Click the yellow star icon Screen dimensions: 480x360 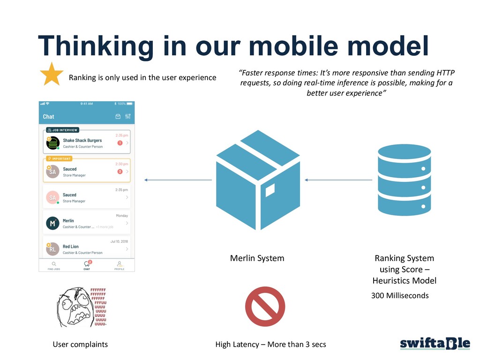[x=52, y=75]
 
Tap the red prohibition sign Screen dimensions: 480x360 [x=265, y=307]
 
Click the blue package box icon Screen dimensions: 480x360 [x=258, y=180]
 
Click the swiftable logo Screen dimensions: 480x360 [x=435, y=344]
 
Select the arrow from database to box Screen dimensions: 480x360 [x=338, y=180]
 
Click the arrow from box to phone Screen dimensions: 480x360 [x=178, y=180]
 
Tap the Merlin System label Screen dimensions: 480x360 [x=257, y=258]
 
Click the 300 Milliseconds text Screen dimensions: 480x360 [x=400, y=296]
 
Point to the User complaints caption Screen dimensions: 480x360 [x=80, y=345]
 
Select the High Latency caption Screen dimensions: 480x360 [x=270, y=345]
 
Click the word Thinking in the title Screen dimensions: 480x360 [x=96, y=46]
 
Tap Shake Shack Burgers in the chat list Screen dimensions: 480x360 [x=82, y=140]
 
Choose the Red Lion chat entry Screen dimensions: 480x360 [x=71, y=247]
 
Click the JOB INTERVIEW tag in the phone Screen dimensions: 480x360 [x=62, y=130]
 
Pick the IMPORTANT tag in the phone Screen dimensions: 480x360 [x=60, y=158]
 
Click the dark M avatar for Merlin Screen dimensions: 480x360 [x=52, y=224]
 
